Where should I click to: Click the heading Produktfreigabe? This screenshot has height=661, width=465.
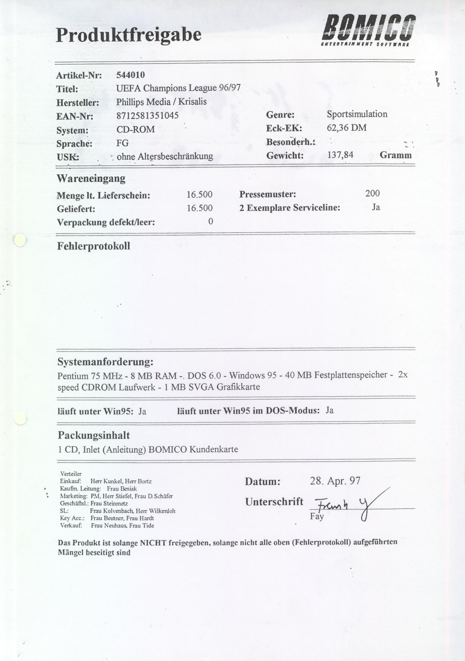[x=129, y=35]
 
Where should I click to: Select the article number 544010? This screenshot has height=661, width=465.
[x=130, y=75]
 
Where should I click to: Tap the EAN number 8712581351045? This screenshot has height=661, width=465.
[x=147, y=116]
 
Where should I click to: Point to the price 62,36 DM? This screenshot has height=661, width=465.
[x=346, y=127]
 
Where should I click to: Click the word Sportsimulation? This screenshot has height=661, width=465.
[x=357, y=114]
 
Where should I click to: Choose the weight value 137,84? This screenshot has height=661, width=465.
[x=340, y=155]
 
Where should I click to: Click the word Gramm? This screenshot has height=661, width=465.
[x=395, y=155]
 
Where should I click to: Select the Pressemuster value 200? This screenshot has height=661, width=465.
[x=373, y=193]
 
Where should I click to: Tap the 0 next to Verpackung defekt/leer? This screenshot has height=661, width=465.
[x=210, y=221]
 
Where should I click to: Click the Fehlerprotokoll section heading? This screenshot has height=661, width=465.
[x=93, y=246]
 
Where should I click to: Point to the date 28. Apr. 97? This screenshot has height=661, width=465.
[x=335, y=481]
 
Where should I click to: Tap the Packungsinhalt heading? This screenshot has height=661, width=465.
[x=94, y=435]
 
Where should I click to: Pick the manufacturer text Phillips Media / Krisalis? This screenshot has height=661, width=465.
[x=162, y=102]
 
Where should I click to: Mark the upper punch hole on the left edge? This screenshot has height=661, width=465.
[x=20, y=240]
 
